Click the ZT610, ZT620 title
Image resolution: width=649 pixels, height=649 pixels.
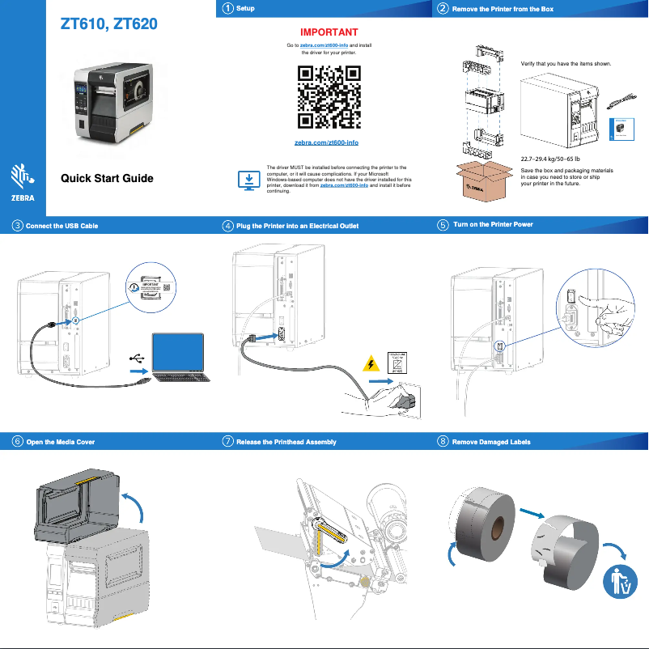pos(109,24)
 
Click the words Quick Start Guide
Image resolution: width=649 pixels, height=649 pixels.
pos(107,178)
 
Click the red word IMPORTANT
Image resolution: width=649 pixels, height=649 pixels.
pos(324,32)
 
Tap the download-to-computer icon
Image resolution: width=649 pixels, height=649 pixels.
pos(249,180)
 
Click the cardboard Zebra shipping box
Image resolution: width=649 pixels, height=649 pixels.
pos(484,180)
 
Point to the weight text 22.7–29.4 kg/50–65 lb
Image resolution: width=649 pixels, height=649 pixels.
pos(550,159)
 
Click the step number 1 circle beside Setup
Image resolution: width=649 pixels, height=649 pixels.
pos(228,8)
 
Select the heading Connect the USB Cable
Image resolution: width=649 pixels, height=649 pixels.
pos(62,226)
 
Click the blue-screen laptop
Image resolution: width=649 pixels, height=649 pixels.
pos(178,356)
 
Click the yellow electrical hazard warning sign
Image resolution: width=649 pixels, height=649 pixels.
pos(371,363)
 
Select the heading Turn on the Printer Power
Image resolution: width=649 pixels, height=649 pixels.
pos(493,224)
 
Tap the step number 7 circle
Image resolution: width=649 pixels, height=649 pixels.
pos(228,442)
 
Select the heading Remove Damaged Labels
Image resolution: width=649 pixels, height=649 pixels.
pos(491,442)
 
